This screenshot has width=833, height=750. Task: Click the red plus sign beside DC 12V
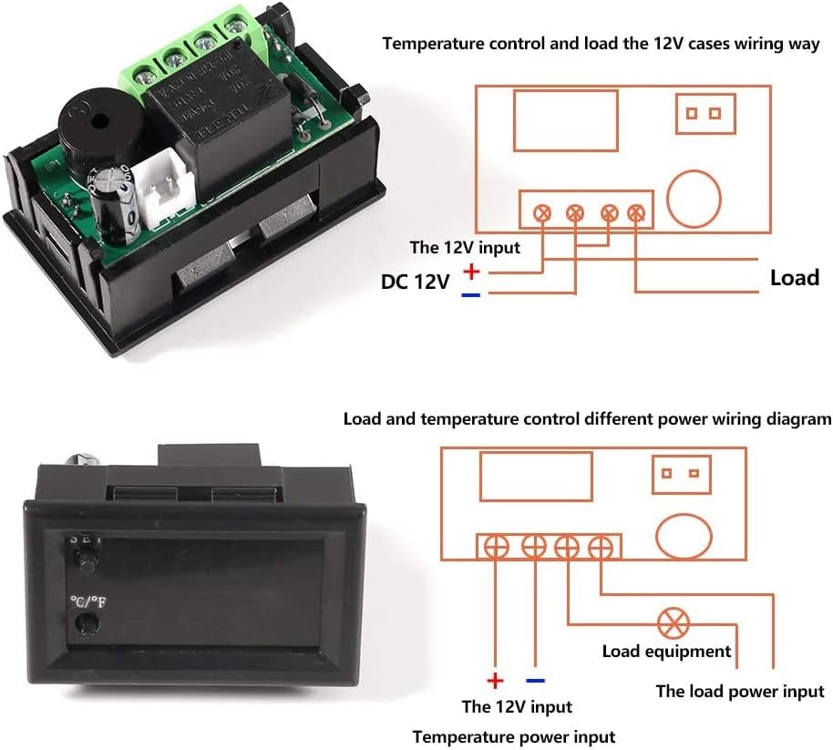pos(471,271)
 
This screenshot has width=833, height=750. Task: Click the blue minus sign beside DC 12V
pos(470,294)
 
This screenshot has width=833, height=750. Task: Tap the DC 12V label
pos(415,283)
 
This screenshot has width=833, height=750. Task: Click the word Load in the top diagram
pos(794,277)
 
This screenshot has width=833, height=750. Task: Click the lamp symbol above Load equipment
pos(674,623)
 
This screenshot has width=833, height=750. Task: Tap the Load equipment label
pos(666,652)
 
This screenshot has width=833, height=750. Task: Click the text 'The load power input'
pos(739,692)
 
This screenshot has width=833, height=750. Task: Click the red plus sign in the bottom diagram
pos(494,681)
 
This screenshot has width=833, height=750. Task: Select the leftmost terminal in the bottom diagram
pos(495,547)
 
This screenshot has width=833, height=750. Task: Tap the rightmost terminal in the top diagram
pos(636,213)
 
